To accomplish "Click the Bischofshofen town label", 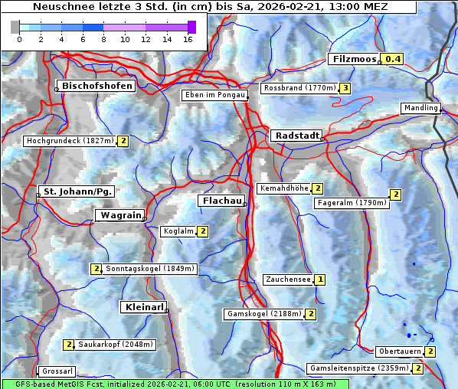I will (x=98, y=86).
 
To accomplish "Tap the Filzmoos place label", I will (x=355, y=59).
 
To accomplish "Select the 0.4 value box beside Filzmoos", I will (x=394, y=59).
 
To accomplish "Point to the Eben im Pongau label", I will (x=214, y=95).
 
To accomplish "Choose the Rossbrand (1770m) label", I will (x=299, y=88).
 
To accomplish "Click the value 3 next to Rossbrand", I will (x=345, y=88).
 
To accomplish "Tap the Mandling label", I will (x=420, y=108).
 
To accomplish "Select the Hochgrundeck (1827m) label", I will (x=70, y=141).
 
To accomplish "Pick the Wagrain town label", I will (x=119, y=216).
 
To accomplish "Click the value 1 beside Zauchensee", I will (x=319, y=280).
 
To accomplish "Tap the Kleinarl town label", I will (x=143, y=307).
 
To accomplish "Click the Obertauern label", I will (x=400, y=351).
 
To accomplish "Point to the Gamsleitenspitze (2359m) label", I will (x=358, y=368).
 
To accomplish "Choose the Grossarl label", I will (x=56, y=371).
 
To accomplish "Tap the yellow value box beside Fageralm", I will (x=395, y=194).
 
